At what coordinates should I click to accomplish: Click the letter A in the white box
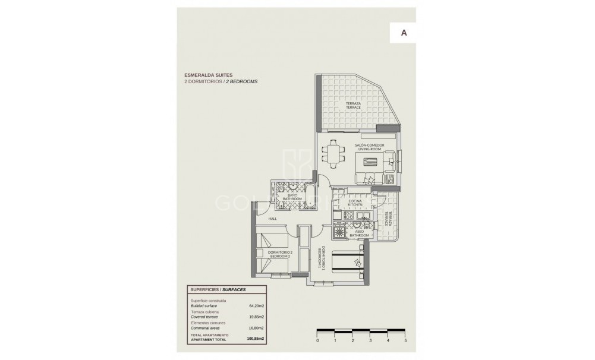point(404,33)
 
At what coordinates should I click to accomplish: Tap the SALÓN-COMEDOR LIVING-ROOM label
point(369,147)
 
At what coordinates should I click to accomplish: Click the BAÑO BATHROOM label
point(292,197)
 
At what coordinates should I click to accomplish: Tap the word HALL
point(272,219)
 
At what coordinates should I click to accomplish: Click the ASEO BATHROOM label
point(359,233)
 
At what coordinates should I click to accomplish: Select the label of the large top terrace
point(354,105)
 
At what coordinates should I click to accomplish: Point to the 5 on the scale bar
point(405,340)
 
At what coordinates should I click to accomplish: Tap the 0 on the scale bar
point(317,340)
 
